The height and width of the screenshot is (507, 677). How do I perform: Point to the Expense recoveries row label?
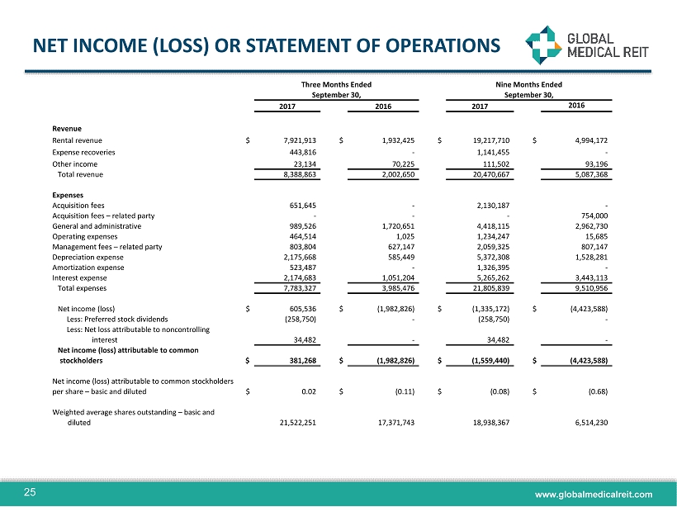[x=83, y=153]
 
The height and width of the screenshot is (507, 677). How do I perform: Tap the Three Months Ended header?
[x=336, y=84]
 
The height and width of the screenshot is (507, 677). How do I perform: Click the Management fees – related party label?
[x=107, y=246]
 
